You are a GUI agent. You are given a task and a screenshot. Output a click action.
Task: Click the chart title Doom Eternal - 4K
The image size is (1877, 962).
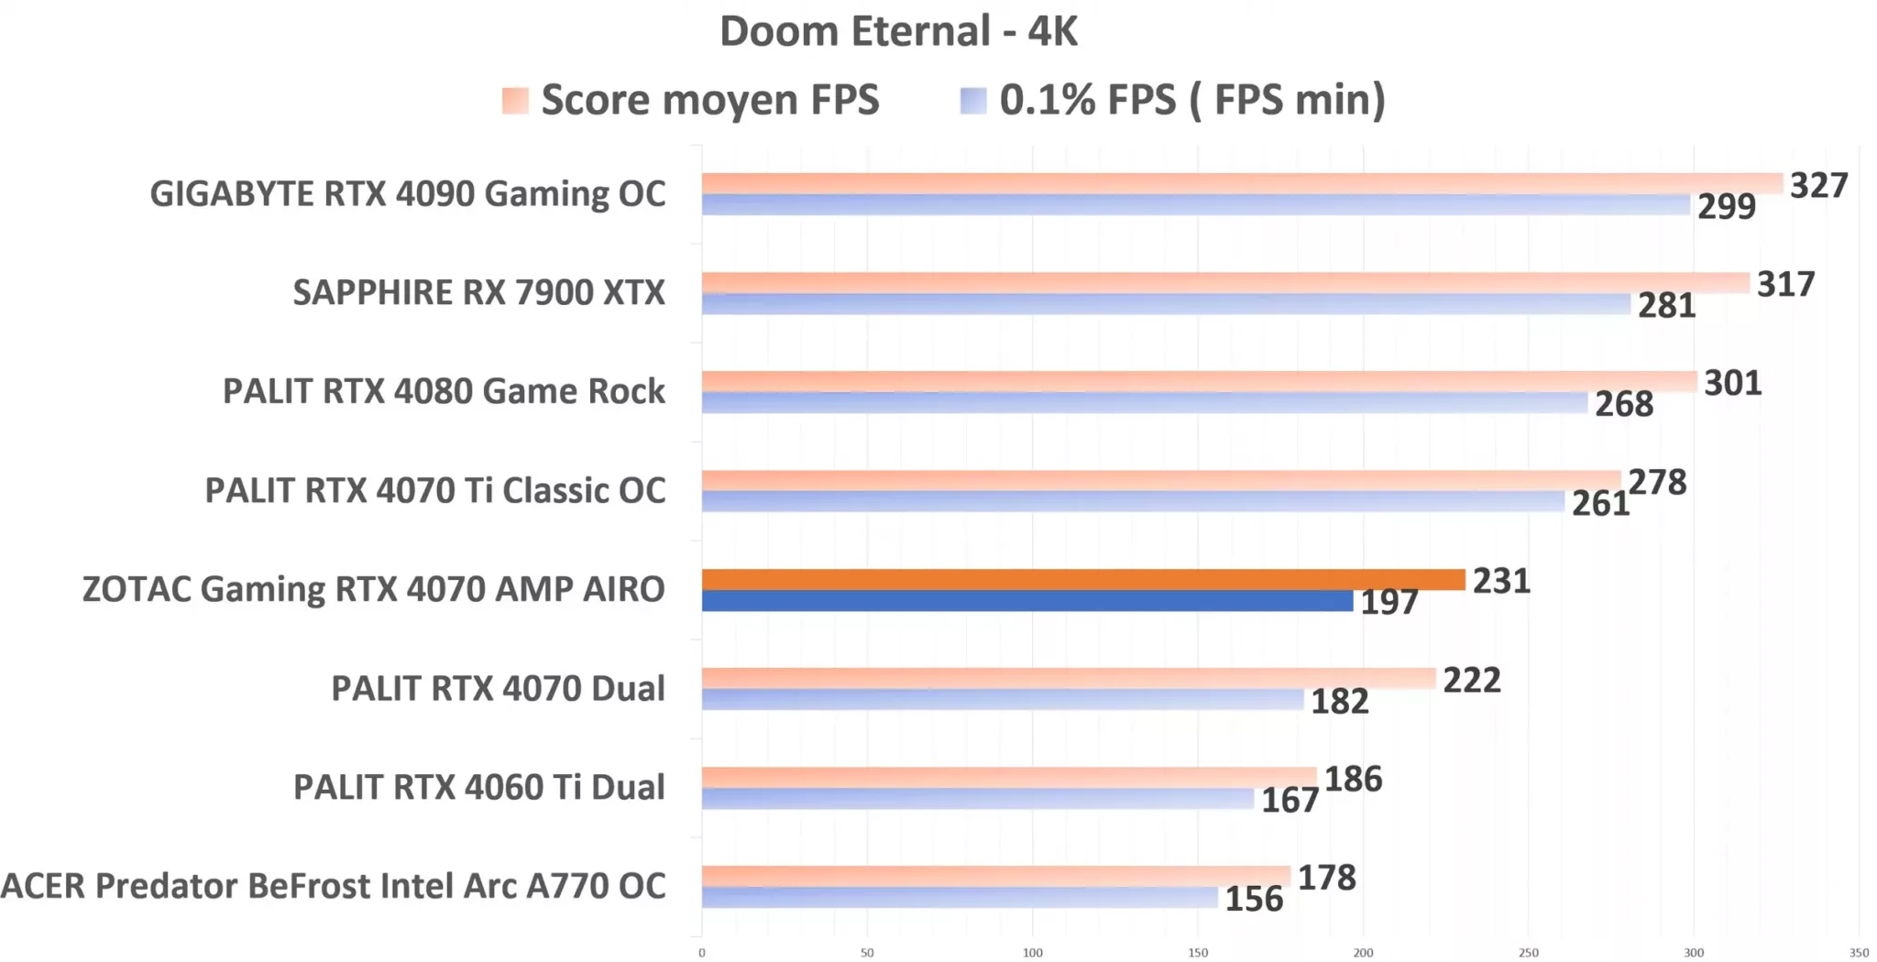pyautogui.click(x=898, y=31)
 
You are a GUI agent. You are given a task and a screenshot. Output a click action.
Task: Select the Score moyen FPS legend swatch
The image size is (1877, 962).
pyautogui.click(x=515, y=100)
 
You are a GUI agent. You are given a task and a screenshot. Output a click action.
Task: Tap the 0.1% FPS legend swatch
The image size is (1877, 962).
pyautogui.click(x=972, y=100)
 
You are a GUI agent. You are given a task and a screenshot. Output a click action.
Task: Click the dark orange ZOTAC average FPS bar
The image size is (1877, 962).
pyautogui.click(x=1081, y=579)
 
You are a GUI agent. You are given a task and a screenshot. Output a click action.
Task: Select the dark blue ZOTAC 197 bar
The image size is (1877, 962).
pyautogui.click(x=1026, y=601)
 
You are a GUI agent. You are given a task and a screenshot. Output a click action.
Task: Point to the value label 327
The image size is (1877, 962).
pyautogui.click(x=1818, y=185)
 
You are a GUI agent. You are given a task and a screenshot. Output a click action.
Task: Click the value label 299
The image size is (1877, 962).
pyautogui.click(x=1726, y=206)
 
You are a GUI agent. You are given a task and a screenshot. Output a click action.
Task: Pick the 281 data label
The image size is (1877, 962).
pyautogui.click(x=1666, y=305)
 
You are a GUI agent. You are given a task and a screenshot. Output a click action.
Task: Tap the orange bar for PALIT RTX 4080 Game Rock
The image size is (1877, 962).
pyautogui.click(x=1199, y=381)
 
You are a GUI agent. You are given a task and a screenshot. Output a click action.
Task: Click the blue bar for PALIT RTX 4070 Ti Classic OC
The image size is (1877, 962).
pyautogui.click(x=1132, y=501)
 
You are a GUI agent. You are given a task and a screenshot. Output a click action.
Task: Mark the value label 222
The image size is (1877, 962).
pyautogui.click(x=1471, y=680)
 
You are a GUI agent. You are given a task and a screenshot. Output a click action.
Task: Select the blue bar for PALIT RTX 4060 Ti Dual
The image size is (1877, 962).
pyautogui.click(x=977, y=799)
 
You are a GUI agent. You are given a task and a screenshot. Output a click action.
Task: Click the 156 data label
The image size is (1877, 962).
pyautogui.click(x=1253, y=899)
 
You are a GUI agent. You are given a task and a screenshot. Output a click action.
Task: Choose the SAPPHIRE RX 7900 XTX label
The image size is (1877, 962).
pyautogui.click(x=478, y=292)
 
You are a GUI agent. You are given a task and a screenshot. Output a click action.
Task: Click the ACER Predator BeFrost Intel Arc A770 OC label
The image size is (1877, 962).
pyautogui.click(x=333, y=886)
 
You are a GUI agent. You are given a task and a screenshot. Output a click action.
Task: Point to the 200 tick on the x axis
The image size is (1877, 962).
pyautogui.click(x=1363, y=953)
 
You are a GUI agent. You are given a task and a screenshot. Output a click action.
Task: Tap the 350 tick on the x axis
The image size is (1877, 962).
pyautogui.click(x=1858, y=953)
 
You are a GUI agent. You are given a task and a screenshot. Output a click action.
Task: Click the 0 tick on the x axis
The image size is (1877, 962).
pyautogui.click(x=702, y=953)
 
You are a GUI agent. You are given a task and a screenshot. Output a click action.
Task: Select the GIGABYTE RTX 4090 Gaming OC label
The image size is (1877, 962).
pyautogui.click(x=408, y=193)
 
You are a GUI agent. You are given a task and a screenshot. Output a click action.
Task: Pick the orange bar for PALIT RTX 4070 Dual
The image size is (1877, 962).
pyautogui.click(x=1068, y=678)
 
